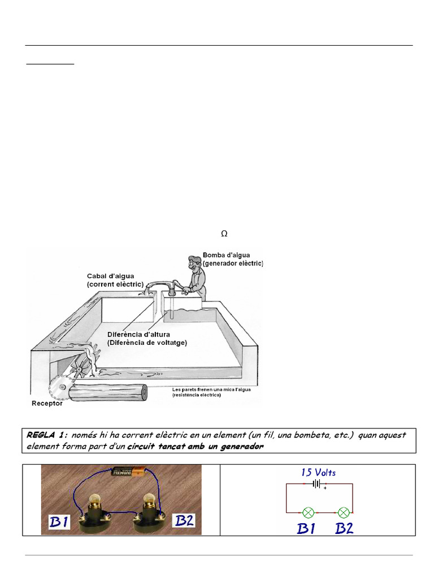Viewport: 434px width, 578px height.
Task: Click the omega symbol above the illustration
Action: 224,234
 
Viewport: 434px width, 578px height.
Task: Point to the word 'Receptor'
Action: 47,404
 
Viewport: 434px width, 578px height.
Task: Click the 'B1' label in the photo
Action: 58,521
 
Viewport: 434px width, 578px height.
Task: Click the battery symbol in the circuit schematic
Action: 319,484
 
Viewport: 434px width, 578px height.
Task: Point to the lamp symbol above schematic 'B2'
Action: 343,513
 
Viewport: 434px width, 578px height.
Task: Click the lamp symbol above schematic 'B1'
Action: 309,513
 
